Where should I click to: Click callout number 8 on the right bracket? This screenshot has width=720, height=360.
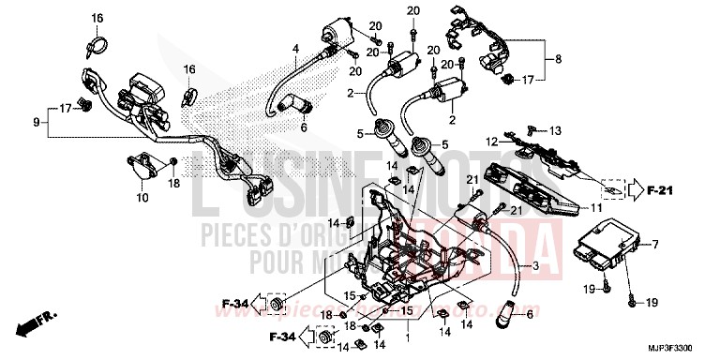click(560, 60)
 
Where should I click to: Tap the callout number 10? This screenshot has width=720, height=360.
click(143, 198)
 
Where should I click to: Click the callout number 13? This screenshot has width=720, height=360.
click(554, 129)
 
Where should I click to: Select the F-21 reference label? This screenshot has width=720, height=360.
click(662, 190)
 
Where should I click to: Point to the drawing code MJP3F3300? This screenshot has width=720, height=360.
click(678, 350)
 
